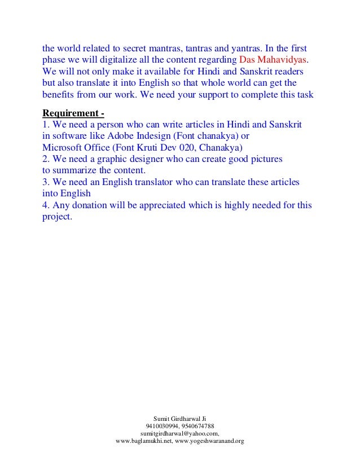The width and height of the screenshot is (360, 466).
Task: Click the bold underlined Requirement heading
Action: tap(73, 111)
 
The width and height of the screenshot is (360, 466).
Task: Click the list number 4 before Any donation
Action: tap(46, 206)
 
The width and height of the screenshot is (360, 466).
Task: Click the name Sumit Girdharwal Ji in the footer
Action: tap(179, 418)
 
